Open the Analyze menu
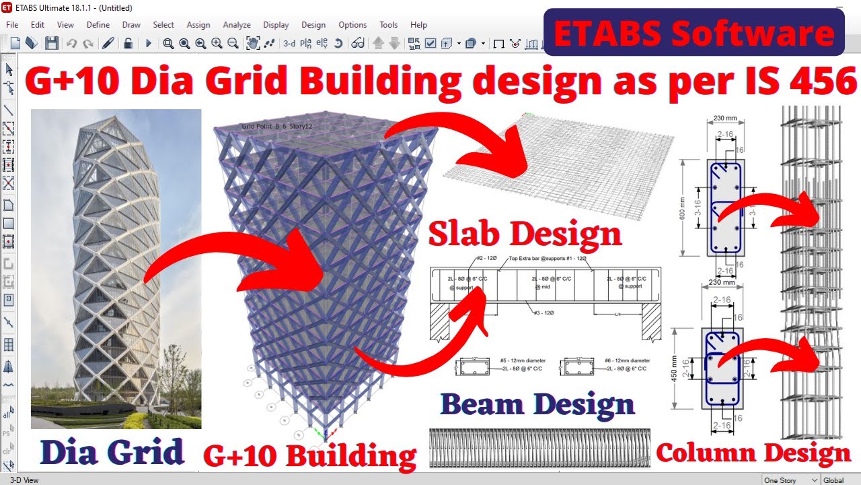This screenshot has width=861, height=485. pos(237,25)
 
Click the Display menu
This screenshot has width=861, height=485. pos(276,25)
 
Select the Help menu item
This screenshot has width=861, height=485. pos(418,25)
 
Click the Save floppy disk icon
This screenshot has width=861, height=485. pos(52,43)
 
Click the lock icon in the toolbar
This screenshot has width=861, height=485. pos(127,43)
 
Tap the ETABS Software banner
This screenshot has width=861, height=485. pos(694,33)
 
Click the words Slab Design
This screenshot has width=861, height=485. pos(525,234)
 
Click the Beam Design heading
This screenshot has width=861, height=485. pos(537,404)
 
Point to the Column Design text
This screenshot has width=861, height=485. pos(753,453)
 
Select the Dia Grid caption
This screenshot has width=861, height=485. pos(112,453)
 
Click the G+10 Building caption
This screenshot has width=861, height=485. pos(310,455)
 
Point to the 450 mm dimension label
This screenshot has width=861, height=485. pos(675,367)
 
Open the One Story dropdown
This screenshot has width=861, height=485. pos(790,480)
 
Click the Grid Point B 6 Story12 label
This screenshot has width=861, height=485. pos(277,126)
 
